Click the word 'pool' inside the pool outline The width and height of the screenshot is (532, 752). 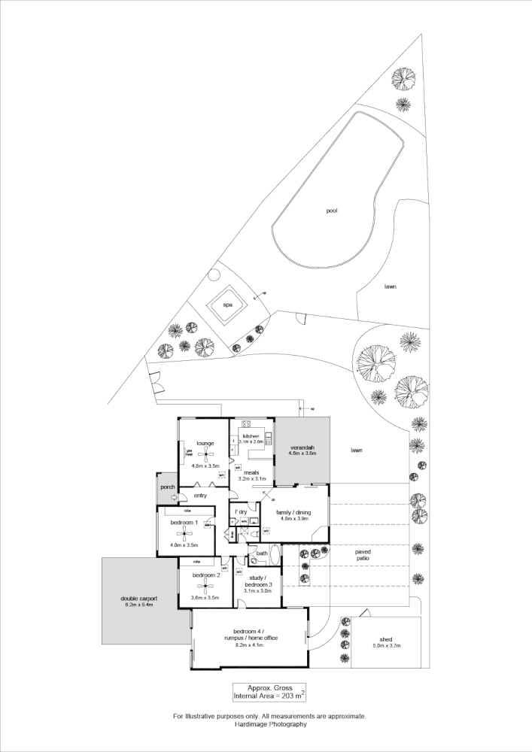pyautogui.click(x=332, y=211)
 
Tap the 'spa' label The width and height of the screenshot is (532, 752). pyautogui.click(x=227, y=305)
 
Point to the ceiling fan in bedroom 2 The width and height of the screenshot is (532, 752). pyautogui.click(x=205, y=588)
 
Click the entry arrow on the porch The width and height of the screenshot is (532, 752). pyautogui.click(x=172, y=497)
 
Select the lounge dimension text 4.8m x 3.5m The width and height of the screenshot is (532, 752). pyautogui.click(x=205, y=466)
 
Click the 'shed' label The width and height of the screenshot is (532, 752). pyautogui.click(x=387, y=639)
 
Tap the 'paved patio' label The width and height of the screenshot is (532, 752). pyautogui.click(x=363, y=555)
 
